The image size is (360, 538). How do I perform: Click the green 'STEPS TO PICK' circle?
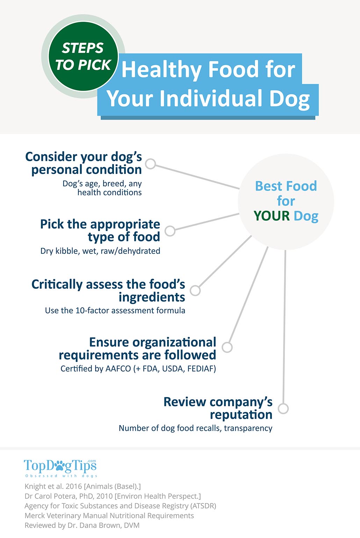[x=83, y=56]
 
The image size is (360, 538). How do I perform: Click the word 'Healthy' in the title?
[x=161, y=69]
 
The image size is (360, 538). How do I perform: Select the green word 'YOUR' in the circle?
[x=272, y=216]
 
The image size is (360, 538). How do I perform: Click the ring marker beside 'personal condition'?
[x=151, y=164]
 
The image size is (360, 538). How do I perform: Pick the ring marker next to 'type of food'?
[x=170, y=231]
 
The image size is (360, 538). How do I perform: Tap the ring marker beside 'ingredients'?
[x=195, y=290]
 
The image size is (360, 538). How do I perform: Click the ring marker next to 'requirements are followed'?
[x=227, y=347]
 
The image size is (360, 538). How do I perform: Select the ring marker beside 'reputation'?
[x=283, y=408]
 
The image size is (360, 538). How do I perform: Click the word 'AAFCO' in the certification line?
[x=118, y=368]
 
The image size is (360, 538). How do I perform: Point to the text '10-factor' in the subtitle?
[x=90, y=310]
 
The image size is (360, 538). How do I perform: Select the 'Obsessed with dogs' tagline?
[x=61, y=476]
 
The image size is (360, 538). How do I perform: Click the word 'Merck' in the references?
[x=35, y=516]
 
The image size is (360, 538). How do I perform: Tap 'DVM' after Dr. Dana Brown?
[x=131, y=525]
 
